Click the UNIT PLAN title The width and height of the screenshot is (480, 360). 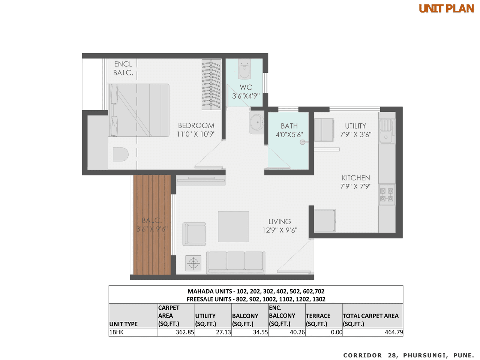point(446,9)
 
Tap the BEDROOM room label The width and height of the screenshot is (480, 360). point(196,126)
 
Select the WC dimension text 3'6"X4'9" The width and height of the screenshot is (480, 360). point(246,96)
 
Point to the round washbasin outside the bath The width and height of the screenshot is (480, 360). point(256,122)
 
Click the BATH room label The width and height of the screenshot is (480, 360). point(289,126)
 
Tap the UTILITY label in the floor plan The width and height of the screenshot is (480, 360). point(355,126)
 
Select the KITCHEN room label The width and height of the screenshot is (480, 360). point(355,178)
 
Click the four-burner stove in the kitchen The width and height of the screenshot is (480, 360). point(387,194)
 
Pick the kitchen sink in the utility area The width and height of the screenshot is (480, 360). point(386,131)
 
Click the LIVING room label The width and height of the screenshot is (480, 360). point(280,222)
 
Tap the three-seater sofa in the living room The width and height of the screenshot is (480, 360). point(236,261)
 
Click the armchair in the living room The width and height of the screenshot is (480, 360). point(194,234)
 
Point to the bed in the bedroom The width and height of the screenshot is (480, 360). point(139,110)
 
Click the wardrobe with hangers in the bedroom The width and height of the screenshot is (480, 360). point(211,84)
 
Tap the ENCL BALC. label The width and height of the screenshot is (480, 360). point(123,68)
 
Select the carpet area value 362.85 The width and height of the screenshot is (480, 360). point(185,332)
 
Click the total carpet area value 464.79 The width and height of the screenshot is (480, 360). point(393,332)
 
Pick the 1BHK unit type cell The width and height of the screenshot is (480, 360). point(117,332)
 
